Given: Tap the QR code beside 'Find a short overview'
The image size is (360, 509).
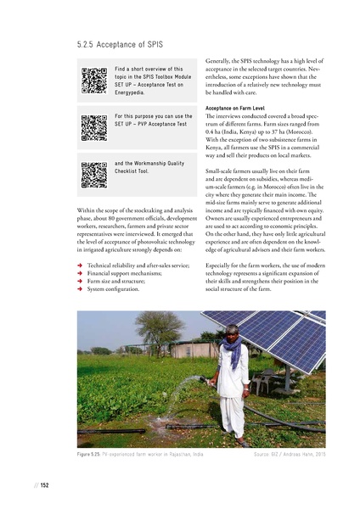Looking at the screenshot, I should [x=93, y=78].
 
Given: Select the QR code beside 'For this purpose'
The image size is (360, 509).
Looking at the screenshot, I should [x=93, y=126].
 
